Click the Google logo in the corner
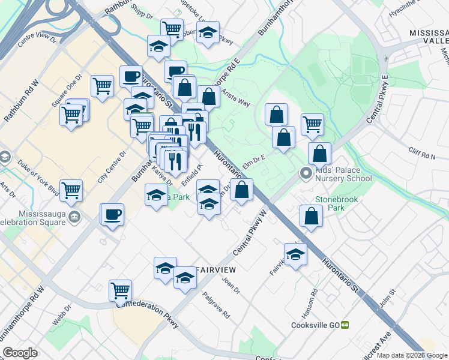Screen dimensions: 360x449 20,352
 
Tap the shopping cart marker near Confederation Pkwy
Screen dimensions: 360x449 120,291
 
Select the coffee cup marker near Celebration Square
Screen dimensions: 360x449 112,214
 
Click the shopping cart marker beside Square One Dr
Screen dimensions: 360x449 102,86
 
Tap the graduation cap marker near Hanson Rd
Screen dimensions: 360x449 295,254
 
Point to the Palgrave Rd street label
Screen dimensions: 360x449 217,305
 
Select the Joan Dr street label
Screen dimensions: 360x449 231,286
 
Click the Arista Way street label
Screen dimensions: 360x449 235,98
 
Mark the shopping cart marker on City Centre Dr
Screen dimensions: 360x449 71,190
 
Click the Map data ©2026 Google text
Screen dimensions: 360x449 411,355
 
